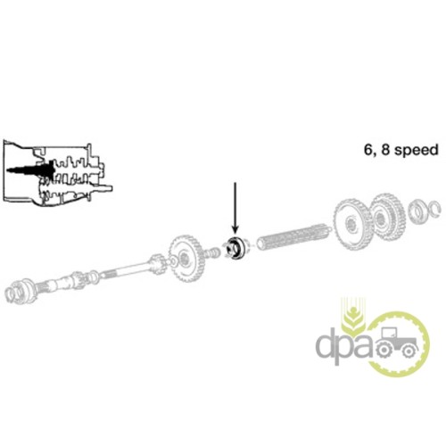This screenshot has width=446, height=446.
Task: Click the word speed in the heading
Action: pyautogui.click(x=417, y=151)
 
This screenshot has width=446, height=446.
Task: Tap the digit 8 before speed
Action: pyautogui.click(x=385, y=150)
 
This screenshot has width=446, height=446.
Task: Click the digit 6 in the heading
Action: pyautogui.click(x=368, y=150)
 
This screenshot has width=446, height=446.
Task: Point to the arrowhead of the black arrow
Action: pyautogui.click(x=235, y=229)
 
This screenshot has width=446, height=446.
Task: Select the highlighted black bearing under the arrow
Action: pyautogui.click(x=235, y=248)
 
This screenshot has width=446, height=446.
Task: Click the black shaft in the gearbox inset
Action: pyautogui.click(x=29, y=170)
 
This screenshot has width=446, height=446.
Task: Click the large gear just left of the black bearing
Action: pyautogui.click(x=186, y=258)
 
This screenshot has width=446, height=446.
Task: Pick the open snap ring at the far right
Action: pyautogui.click(x=435, y=210)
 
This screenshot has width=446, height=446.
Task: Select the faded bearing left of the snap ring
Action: pyautogui.click(x=417, y=211)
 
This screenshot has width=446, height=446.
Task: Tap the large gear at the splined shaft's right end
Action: pyautogui.click(x=352, y=224)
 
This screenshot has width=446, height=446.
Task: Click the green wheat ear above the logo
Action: pyautogui.click(x=353, y=315)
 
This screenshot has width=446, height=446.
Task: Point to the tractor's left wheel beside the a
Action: pyautogui.click(x=383, y=350)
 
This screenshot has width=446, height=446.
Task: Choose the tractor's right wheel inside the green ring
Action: pyautogui.click(x=408, y=351)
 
